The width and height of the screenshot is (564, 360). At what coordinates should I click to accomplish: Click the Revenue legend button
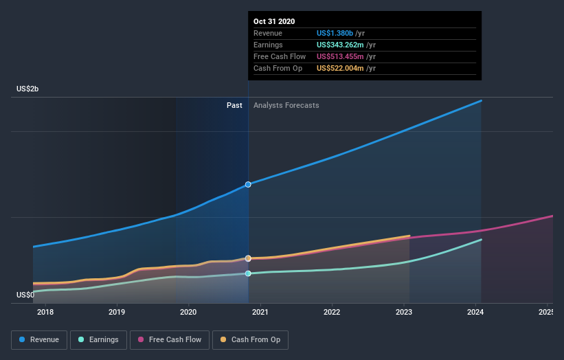(39, 339)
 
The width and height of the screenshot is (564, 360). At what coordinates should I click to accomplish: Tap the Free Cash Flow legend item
(169, 339)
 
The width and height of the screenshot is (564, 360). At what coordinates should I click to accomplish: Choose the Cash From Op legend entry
(251, 339)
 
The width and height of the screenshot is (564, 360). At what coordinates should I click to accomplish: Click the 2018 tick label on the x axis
(45, 313)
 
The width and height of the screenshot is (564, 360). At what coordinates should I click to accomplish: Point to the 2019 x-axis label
(117, 313)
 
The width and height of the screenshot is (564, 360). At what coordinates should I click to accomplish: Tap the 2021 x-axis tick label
(260, 313)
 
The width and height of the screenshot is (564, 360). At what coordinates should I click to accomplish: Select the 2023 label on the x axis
(403, 313)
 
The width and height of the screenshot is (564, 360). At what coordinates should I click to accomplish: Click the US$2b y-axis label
(28, 89)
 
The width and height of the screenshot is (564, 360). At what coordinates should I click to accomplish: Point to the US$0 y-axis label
(25, 295)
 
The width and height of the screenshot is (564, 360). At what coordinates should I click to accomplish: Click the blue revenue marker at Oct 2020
(248, 185)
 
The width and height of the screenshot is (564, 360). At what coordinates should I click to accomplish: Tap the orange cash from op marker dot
(248, 258)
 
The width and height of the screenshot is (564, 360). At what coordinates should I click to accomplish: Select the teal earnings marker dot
(248, 273)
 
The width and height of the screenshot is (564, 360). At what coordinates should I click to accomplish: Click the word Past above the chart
(234, 105)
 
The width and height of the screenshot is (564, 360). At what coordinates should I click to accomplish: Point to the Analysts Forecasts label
(286, 105)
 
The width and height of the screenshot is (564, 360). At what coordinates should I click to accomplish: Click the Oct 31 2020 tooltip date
(274, 21)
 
